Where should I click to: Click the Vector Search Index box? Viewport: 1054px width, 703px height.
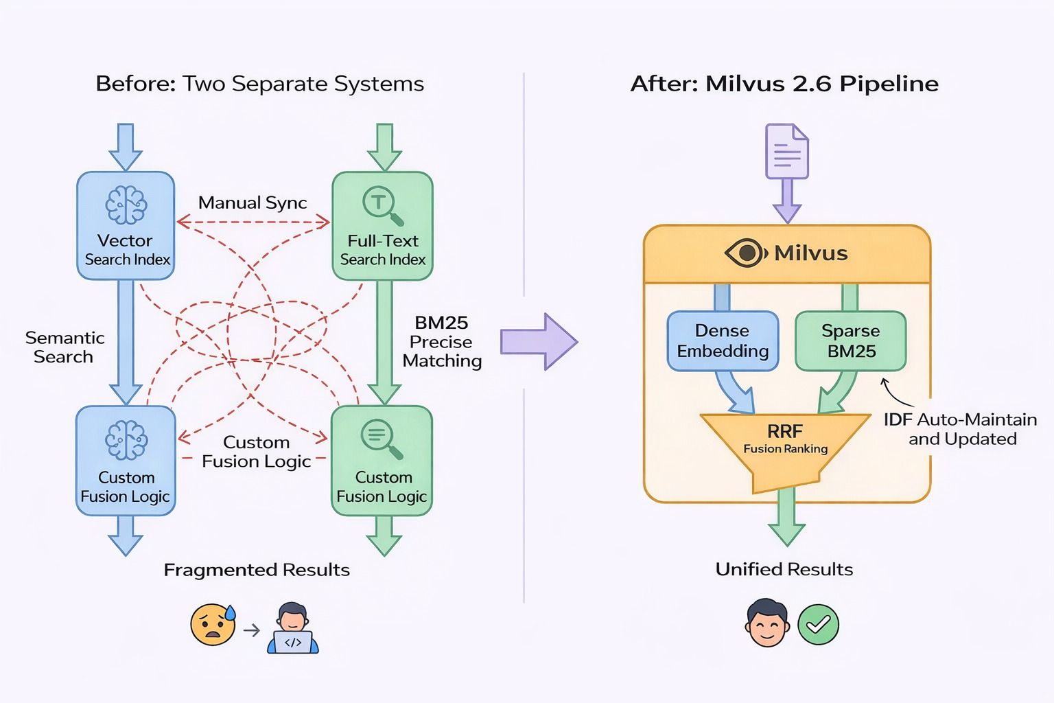pyautogui.click(x=126, y=226)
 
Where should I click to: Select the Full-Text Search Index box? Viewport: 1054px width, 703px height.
pyautogui.click(x=382, y=226)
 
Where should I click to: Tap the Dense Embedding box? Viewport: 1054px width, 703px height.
pyautogui.click(x=723, y=341)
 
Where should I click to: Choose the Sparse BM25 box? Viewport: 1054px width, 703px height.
pyautogui.click(x=851, y=341)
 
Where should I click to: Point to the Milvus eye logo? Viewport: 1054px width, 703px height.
pyautogui.click(x=745, y=253)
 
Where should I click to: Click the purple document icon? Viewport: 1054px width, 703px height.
pyautogui.click(x=787, y=151)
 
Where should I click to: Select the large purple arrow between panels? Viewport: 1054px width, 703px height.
pyautogui.click(x=538, y=341)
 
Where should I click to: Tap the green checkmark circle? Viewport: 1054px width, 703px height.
pyautogui.click(x=818, y=624)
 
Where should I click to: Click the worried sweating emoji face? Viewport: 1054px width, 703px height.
pyautogui.click(x=213, y=625)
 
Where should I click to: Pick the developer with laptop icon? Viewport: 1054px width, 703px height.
pyautogui.click(x=293, y=628)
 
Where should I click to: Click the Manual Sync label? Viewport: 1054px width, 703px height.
pyautogui.click(x=253, y=203)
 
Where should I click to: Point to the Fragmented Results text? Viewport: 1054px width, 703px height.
pyautogui.click(x=257, y=570)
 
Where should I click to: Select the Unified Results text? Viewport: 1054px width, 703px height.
pyautogui.click(x=784, y=569)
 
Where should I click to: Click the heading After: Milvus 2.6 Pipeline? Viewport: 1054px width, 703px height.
pyautogui.click(x=784, y=84)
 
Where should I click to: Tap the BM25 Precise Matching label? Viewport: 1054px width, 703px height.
pyautogui.click(x=442, y=342)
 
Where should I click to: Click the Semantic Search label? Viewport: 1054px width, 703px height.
pyautogui.click(x=65, y=347)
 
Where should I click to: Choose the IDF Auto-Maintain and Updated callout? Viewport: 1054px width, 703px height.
pyautogui.click(x=961, y=429)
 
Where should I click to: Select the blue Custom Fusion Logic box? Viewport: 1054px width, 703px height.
pyautogui.click(x=126, y=461)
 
